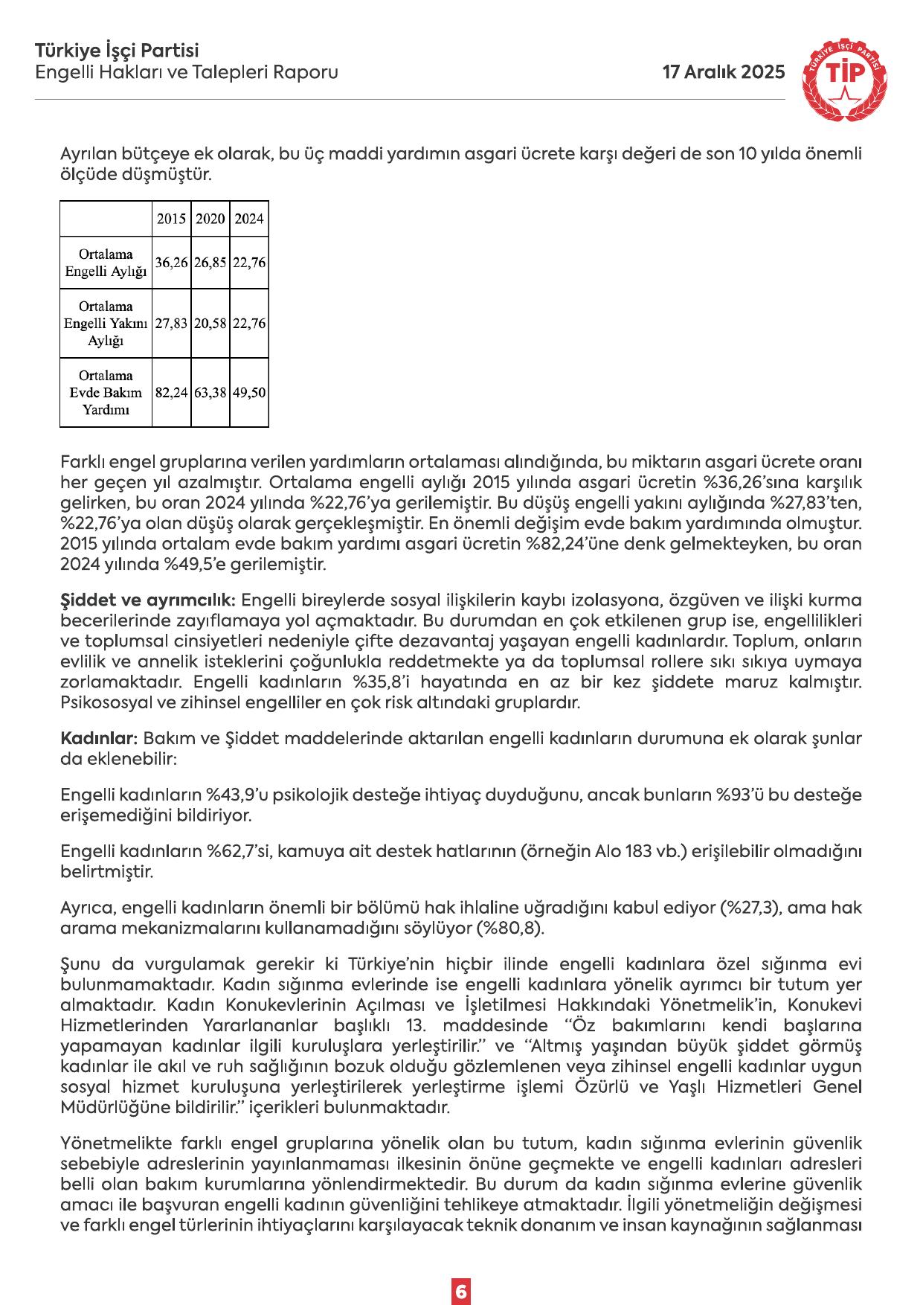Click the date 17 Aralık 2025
[723, 72]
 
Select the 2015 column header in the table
[171, 219]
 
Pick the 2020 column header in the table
[210, 219]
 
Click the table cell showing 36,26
[171, 263]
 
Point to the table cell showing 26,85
[210, 263]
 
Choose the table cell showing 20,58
[210, 324]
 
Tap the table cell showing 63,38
[210, 392]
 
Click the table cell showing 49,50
[249, 392]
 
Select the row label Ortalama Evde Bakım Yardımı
[106, 392]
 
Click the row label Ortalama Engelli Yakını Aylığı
[106, 324]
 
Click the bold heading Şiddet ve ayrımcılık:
[148, 600]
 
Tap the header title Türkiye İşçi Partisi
[117, 51]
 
